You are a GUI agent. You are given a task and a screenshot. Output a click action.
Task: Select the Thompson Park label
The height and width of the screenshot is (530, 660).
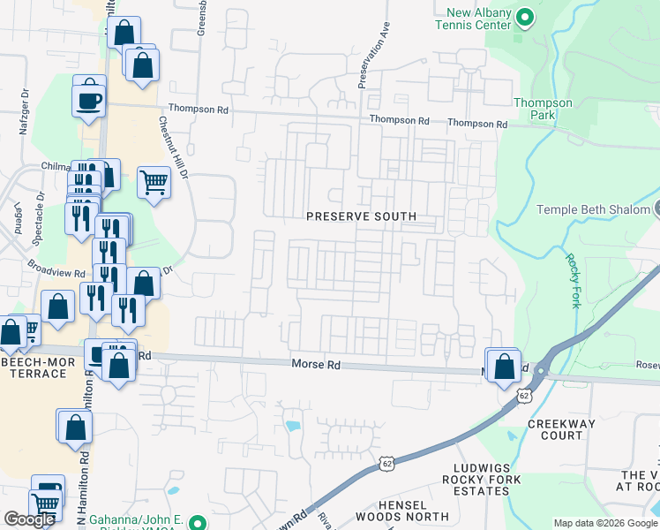click(543, 109)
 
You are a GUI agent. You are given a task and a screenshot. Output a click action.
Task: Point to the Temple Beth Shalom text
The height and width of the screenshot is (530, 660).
click(593, 209)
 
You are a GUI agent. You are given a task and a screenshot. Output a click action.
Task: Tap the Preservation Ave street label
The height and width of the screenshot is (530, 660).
click(373, 56)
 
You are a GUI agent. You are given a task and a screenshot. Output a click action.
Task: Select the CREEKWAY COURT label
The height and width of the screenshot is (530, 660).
click(560, 429)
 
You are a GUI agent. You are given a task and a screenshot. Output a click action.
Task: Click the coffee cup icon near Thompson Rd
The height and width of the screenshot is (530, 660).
click(89, 98)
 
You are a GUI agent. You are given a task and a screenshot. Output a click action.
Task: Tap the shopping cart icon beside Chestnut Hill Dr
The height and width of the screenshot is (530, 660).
click(154, 183)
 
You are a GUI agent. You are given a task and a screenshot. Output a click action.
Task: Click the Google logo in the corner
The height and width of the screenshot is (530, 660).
click(29, 519)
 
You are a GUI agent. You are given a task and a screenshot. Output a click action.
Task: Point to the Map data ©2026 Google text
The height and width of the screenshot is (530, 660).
click(604, 523)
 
